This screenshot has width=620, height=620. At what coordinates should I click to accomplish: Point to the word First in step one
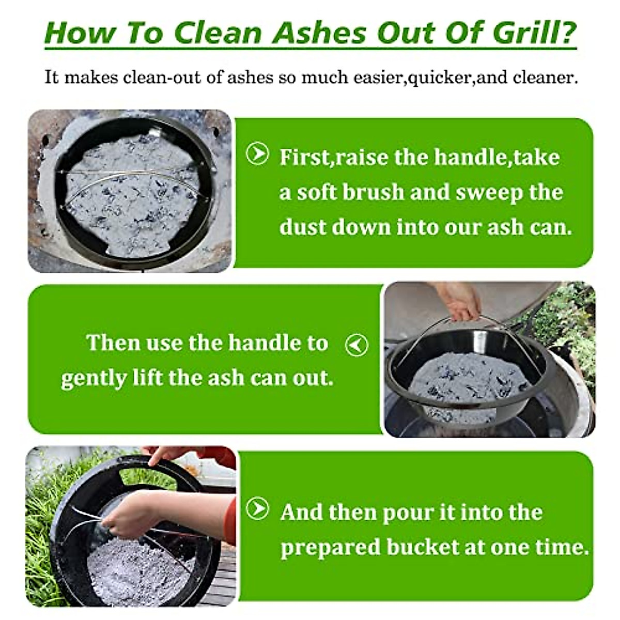coord(304,157)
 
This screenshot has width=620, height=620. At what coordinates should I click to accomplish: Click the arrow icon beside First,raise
coord(257,153)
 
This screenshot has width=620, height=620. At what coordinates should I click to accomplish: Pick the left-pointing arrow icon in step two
coord(357,345)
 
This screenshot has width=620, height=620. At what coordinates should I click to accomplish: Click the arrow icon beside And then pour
coord(257,509)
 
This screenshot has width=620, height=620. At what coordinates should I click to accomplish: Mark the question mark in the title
coord(567,33)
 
